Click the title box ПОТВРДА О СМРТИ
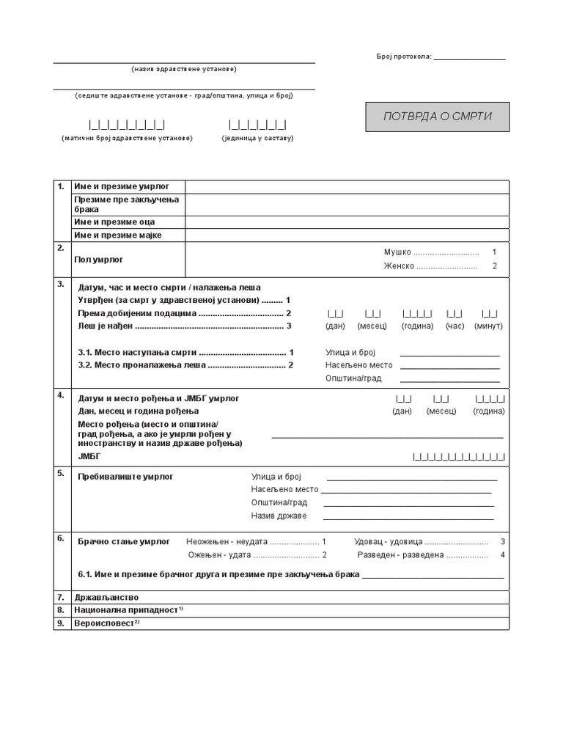tap(438, 117)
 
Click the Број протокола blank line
tap(469, 57)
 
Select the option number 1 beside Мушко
tap(494, 252)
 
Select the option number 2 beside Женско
tap(494, 266)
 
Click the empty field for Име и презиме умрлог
tap(347, 187)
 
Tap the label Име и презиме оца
tap(114, 222)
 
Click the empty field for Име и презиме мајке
tap(347, 235)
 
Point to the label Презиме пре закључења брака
tap(121, 205)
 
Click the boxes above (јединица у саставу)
tap(257, 124)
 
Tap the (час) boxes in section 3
tap(455, 314)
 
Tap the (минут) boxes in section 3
tap(489, 314)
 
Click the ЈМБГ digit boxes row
tap(459, 457)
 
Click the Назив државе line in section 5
tap(408, 516)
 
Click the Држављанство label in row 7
tap(106, 598)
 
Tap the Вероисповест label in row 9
tap(106, 623)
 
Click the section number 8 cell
tap(62, 610)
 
